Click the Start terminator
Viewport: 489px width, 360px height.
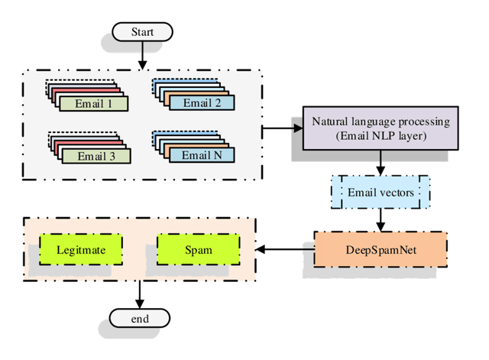point(141,31)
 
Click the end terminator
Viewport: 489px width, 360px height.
point(139,317)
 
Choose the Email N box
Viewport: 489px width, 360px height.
point(202,155)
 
